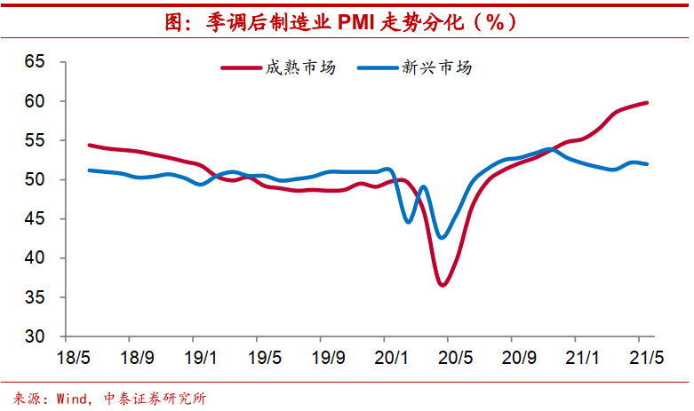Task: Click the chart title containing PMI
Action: [347, 22]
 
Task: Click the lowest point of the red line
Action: [443, 284]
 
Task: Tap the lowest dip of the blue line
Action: [443, 237]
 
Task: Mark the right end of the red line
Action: [646, 103]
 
